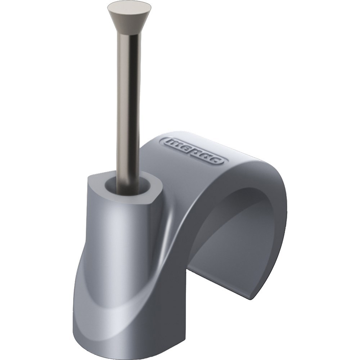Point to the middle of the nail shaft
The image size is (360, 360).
point(128,108)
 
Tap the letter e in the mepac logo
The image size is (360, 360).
point(186,148)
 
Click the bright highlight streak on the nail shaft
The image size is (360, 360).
point(122,108)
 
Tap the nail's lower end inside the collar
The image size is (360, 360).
point(127,189)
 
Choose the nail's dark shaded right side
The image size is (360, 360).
point(136,108)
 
